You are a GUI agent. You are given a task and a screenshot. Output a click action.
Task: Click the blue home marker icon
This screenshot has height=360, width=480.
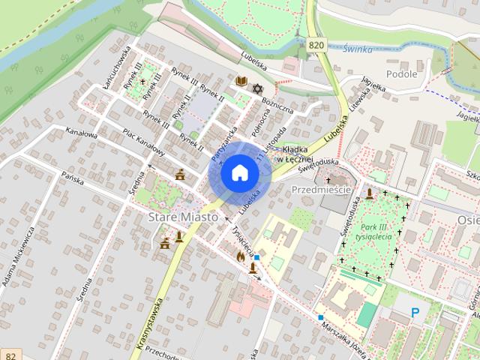(x=239, y=173)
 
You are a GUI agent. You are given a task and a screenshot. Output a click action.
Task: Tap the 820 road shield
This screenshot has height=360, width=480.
(x=316, y=46)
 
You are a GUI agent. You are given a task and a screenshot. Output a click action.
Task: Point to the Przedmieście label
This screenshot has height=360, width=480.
(x=321, y=190)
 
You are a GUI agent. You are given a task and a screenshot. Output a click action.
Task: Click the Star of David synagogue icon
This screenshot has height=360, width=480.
(x=258, y=89)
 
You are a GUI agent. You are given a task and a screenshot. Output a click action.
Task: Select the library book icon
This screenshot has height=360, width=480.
(x=241, y=81)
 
